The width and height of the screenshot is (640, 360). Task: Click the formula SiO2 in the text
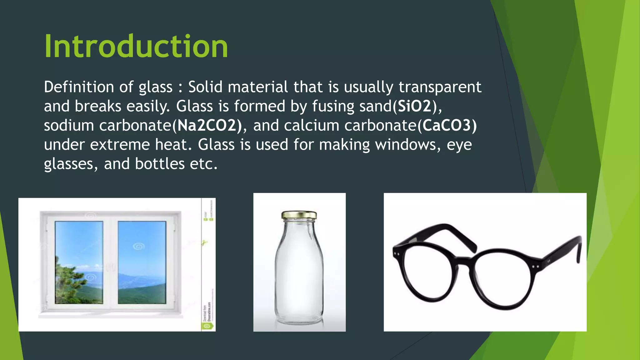(414, 106)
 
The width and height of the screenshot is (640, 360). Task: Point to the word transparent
(440, 87)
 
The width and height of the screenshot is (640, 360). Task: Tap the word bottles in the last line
(160, 164)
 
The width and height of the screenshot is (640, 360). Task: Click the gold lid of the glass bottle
(299, 215)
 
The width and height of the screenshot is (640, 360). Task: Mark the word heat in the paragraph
(173, 145)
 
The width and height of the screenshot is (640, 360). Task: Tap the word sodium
(69, 126)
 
